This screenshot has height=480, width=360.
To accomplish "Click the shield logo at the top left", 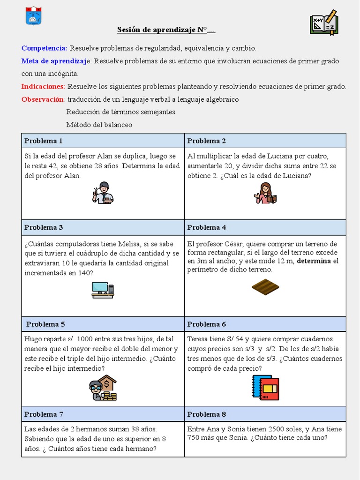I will coord(33,15).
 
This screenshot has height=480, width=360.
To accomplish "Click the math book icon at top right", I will coord(323,22).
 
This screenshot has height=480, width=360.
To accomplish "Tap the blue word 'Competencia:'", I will coord(44,48).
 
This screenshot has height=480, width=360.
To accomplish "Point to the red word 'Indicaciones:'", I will coord(43,86).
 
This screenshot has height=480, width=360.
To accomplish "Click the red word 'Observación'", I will coord(43,99).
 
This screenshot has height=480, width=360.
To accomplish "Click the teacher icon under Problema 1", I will coord(103,193).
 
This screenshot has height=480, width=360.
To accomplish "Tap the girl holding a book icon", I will coord(265,193).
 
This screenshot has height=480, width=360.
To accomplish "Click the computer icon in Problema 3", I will coord(103,290).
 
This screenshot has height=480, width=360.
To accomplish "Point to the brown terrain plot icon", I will coord(265,287).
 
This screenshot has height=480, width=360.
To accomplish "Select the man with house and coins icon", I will coord(103,388).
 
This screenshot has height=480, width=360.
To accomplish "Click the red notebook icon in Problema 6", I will coord(265,387).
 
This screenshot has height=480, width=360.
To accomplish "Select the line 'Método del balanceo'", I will coord(99,125).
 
